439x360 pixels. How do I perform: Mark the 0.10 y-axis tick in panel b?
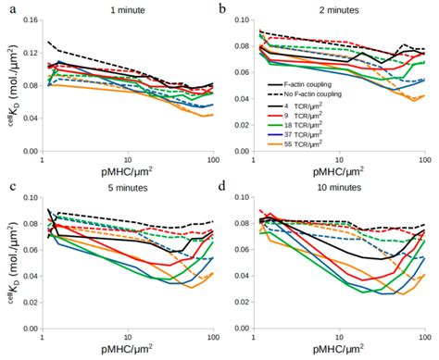coord(243,19)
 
